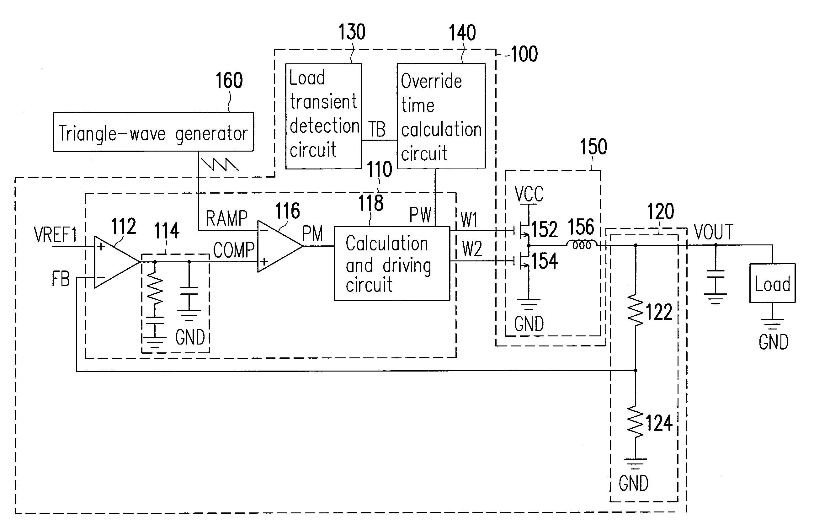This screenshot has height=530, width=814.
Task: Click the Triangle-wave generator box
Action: pyautogui.click(x=153, y=132)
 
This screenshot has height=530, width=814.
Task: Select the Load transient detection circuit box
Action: pyautogui.click(x=323, y=116)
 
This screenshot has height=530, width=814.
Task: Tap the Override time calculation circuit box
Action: pyautogui.click(x=441, y=116)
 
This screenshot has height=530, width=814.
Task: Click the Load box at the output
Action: pyautogui.click(x=772, y=283)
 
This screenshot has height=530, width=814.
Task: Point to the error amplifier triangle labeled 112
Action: pyautogui.click(x=114, y=262)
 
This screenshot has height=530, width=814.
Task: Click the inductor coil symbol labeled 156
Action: pyautogui.click(x=582, y=245)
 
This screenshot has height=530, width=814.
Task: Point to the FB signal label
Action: pyautogui.click(x=61, y=279)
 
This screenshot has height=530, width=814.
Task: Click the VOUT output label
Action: pyautogui.click(x=713, y=232)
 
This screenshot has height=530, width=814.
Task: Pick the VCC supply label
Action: pyautogui.click(x=529, y=194)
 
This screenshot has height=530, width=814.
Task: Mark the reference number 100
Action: pyautogui.click(x=524, y=54)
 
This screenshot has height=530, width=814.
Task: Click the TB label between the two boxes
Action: pyautogui.click(x=377, y=129)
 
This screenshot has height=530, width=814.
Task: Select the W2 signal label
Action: pyautogui.click(x=472, y=249)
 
